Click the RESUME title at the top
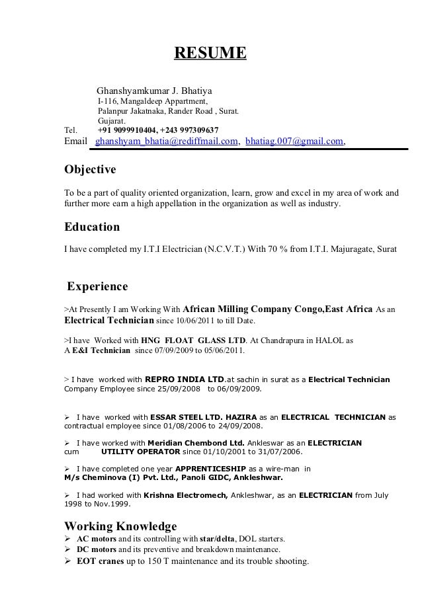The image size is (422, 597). tap(210, 52)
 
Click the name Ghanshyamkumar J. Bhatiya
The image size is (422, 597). tap(154, 91)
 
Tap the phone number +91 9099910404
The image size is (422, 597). tap(127, 130)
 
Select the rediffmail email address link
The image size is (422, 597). tap(167, 142)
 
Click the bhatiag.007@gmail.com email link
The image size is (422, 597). tap(294, 142)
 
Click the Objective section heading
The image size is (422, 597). tap(89, 170)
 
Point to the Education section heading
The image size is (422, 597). tap(91, 227)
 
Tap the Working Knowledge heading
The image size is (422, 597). tap(120, 526)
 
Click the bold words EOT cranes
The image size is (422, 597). tap(92, 563)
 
